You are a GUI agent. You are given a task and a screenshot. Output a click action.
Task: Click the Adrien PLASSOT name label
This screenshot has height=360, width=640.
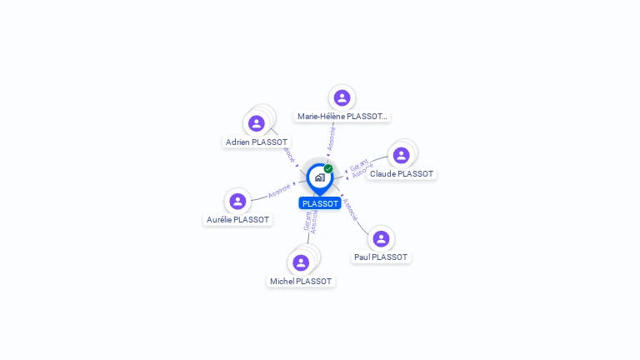(x=257, y=142)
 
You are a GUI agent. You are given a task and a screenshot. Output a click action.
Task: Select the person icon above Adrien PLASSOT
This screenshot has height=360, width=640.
(x=257, y=123)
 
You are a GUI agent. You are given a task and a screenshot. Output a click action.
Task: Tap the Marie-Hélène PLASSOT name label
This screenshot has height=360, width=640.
(x=342, y=117)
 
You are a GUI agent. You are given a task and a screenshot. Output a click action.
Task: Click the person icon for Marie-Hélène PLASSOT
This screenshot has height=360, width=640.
(x=341, y=97)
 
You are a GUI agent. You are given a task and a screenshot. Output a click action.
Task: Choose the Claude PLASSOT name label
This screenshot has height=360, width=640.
(x=402, y=174)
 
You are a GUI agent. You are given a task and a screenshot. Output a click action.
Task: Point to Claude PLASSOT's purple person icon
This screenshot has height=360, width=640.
(x=401, y=155)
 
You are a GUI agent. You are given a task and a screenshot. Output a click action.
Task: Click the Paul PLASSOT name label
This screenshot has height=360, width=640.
(x=381, y=257)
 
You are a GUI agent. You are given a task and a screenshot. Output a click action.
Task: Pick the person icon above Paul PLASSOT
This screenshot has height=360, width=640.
(x=381, y=238)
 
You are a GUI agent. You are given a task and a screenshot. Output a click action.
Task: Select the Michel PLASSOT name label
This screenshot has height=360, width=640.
(x=301, y=282)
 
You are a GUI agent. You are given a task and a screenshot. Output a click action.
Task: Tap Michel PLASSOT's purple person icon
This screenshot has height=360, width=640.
(x=301, y=262)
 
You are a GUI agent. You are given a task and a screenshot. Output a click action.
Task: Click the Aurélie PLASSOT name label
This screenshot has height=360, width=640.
(x=237, y=220)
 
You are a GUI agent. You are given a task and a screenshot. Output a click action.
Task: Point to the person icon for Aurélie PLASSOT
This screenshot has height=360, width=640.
(x=237, y=201)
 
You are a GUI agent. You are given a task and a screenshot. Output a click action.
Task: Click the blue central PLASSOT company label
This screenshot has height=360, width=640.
(x=320, y=203)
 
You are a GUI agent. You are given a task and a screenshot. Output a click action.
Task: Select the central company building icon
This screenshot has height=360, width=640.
(x=319, y=177)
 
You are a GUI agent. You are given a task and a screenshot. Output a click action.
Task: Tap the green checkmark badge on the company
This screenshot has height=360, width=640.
(x=328, y=168)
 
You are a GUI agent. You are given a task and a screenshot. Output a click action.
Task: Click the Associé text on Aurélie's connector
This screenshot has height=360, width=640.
(x=280, y=190)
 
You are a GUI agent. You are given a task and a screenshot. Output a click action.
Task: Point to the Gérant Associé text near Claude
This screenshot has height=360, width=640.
(x=361, y=166)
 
